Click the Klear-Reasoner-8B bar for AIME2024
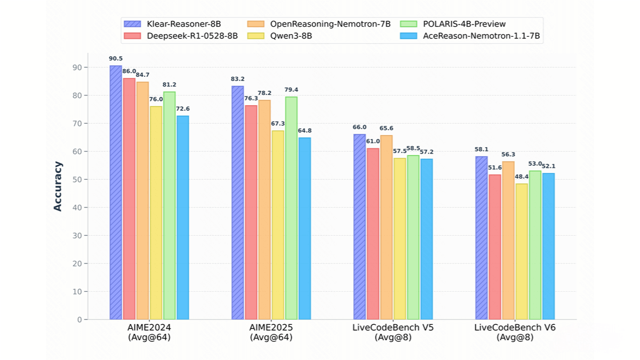point(116,193)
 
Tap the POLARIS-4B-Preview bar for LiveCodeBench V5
point(413,237)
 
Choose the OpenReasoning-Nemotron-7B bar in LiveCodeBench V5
point(386,227)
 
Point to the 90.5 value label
point(116,59)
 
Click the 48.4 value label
point(522,177)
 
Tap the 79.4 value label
point(291,90)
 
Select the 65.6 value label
point(386,129)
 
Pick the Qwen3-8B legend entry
point(290,36)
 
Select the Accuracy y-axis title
point(58,186)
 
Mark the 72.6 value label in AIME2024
point(183,109)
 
